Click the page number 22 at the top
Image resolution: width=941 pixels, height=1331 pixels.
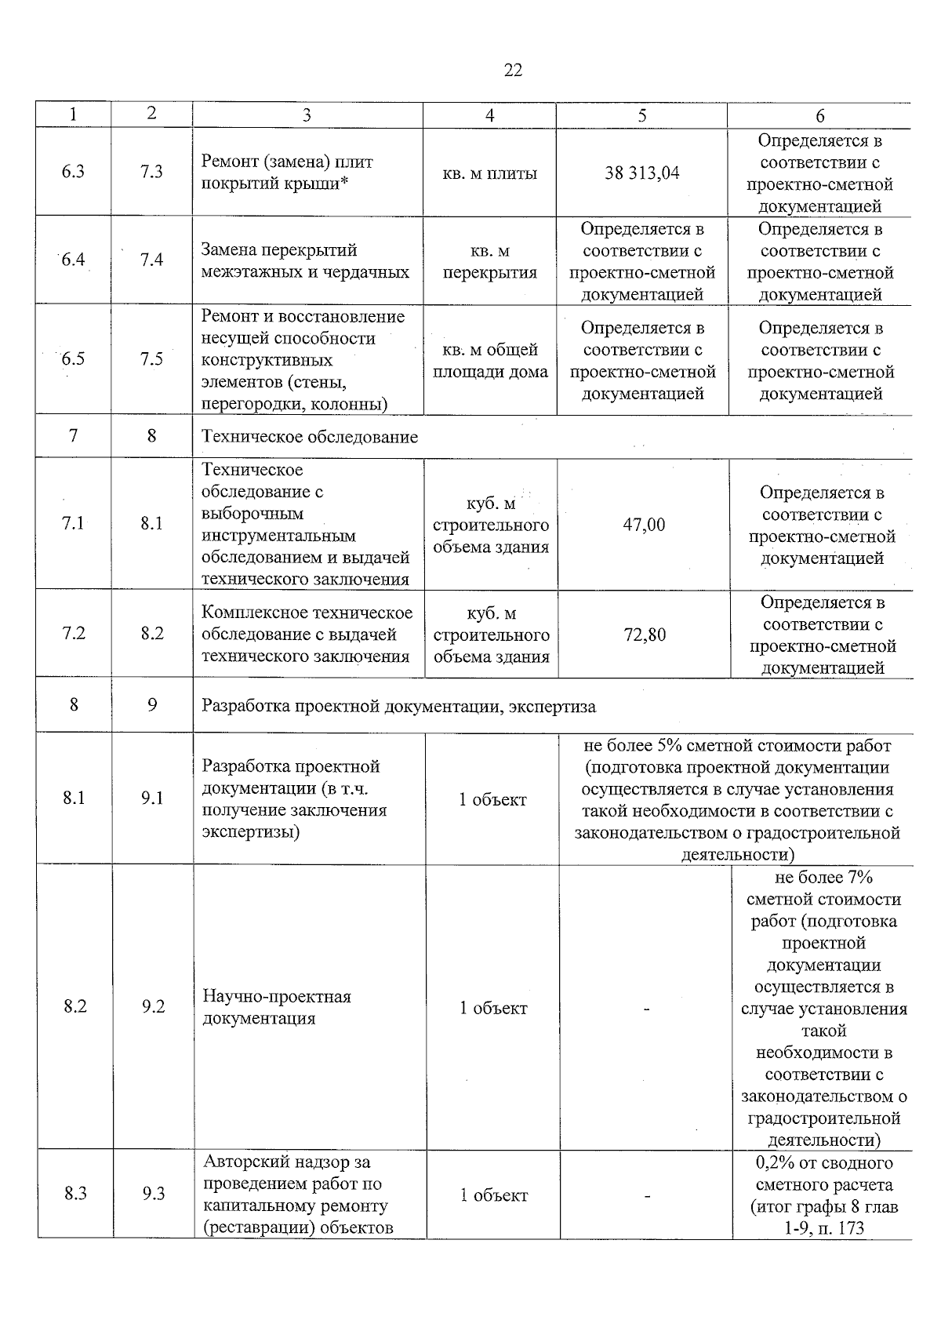512,71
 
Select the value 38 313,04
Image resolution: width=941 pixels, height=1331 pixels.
641,173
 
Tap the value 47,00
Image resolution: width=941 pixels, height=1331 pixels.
644,525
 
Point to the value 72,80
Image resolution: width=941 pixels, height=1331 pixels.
645,635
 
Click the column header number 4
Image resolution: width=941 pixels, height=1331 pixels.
489,115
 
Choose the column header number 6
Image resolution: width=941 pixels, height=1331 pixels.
819,115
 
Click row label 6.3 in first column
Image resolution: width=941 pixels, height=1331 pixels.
73,172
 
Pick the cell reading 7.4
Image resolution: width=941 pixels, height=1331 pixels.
151,260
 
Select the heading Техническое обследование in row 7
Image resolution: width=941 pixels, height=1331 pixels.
310,437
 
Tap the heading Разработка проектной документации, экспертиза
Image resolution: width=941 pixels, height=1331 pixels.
398,706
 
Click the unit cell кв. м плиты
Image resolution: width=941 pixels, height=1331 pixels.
489,173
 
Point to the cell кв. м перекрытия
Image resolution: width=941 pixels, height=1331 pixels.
489,262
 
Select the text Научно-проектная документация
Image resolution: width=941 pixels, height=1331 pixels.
277,1007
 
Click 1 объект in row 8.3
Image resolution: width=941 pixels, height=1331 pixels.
493,1195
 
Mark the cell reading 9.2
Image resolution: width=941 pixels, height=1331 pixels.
153,1006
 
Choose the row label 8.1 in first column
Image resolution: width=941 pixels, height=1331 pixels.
74,798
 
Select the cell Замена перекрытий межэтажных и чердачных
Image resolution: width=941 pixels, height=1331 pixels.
305,261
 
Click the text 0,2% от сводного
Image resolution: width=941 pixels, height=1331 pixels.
823,1162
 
